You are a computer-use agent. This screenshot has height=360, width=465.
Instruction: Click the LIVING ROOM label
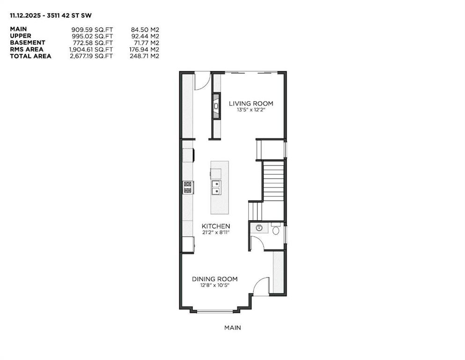[x=251, y=104]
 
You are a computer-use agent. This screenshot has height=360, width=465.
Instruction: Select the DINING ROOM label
[x=214, y=279]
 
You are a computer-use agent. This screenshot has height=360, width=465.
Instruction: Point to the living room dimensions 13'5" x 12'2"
[x=251, y=110]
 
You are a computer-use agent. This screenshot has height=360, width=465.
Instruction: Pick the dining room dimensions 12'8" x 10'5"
[x=214, y=285]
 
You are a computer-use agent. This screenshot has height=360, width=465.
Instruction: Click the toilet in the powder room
[x=275, y=230]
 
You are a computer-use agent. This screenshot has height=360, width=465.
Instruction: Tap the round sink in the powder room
[x=258, y=228]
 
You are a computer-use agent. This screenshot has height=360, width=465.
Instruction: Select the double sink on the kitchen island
[x=216, y=187]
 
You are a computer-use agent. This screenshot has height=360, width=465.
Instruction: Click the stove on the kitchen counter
[x=188, y=187]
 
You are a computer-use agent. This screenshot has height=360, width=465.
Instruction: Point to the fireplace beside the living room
[x=216, y=106]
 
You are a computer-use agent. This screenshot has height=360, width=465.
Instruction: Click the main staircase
[x=273, y=181]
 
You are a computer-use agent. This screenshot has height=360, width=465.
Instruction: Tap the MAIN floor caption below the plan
[x=232, y=328]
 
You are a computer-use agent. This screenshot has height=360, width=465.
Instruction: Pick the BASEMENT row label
[x=28, y=43]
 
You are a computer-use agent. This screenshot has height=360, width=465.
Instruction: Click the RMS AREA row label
[x=27, y=49]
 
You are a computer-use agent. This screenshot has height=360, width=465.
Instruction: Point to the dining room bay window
[x=214, y=310]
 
